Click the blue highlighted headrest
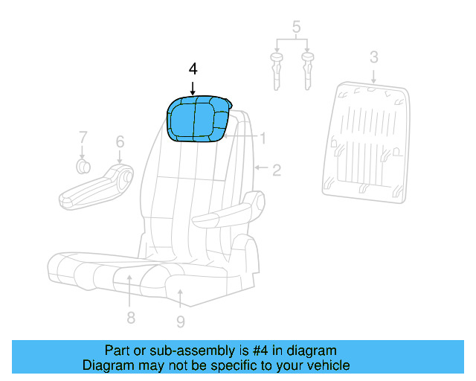coord(198,118)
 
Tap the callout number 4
coord(193,69)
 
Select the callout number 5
coord(296,29)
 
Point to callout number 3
coord(374,57)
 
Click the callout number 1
coord(262,138)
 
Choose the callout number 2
coord(276,170)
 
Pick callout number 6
coord(119,141)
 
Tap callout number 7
coord(83,137)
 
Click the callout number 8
coord(130,318)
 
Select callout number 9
coord(181,321)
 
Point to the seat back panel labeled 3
coord(367,141)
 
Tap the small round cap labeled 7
coord(83,165)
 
